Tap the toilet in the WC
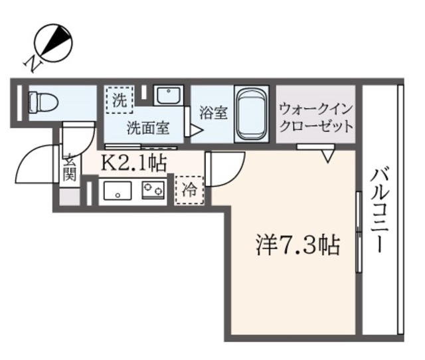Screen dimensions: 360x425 43,102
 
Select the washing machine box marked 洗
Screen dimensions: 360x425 119,101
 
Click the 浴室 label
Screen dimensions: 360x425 213,112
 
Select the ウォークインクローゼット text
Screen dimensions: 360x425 315,117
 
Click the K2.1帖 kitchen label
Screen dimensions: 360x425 133,161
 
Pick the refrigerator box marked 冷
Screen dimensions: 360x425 189,190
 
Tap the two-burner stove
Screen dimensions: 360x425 154,190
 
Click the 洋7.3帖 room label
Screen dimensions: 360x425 297,246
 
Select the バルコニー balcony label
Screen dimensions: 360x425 381,211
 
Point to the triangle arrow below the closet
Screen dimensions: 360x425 327,157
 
